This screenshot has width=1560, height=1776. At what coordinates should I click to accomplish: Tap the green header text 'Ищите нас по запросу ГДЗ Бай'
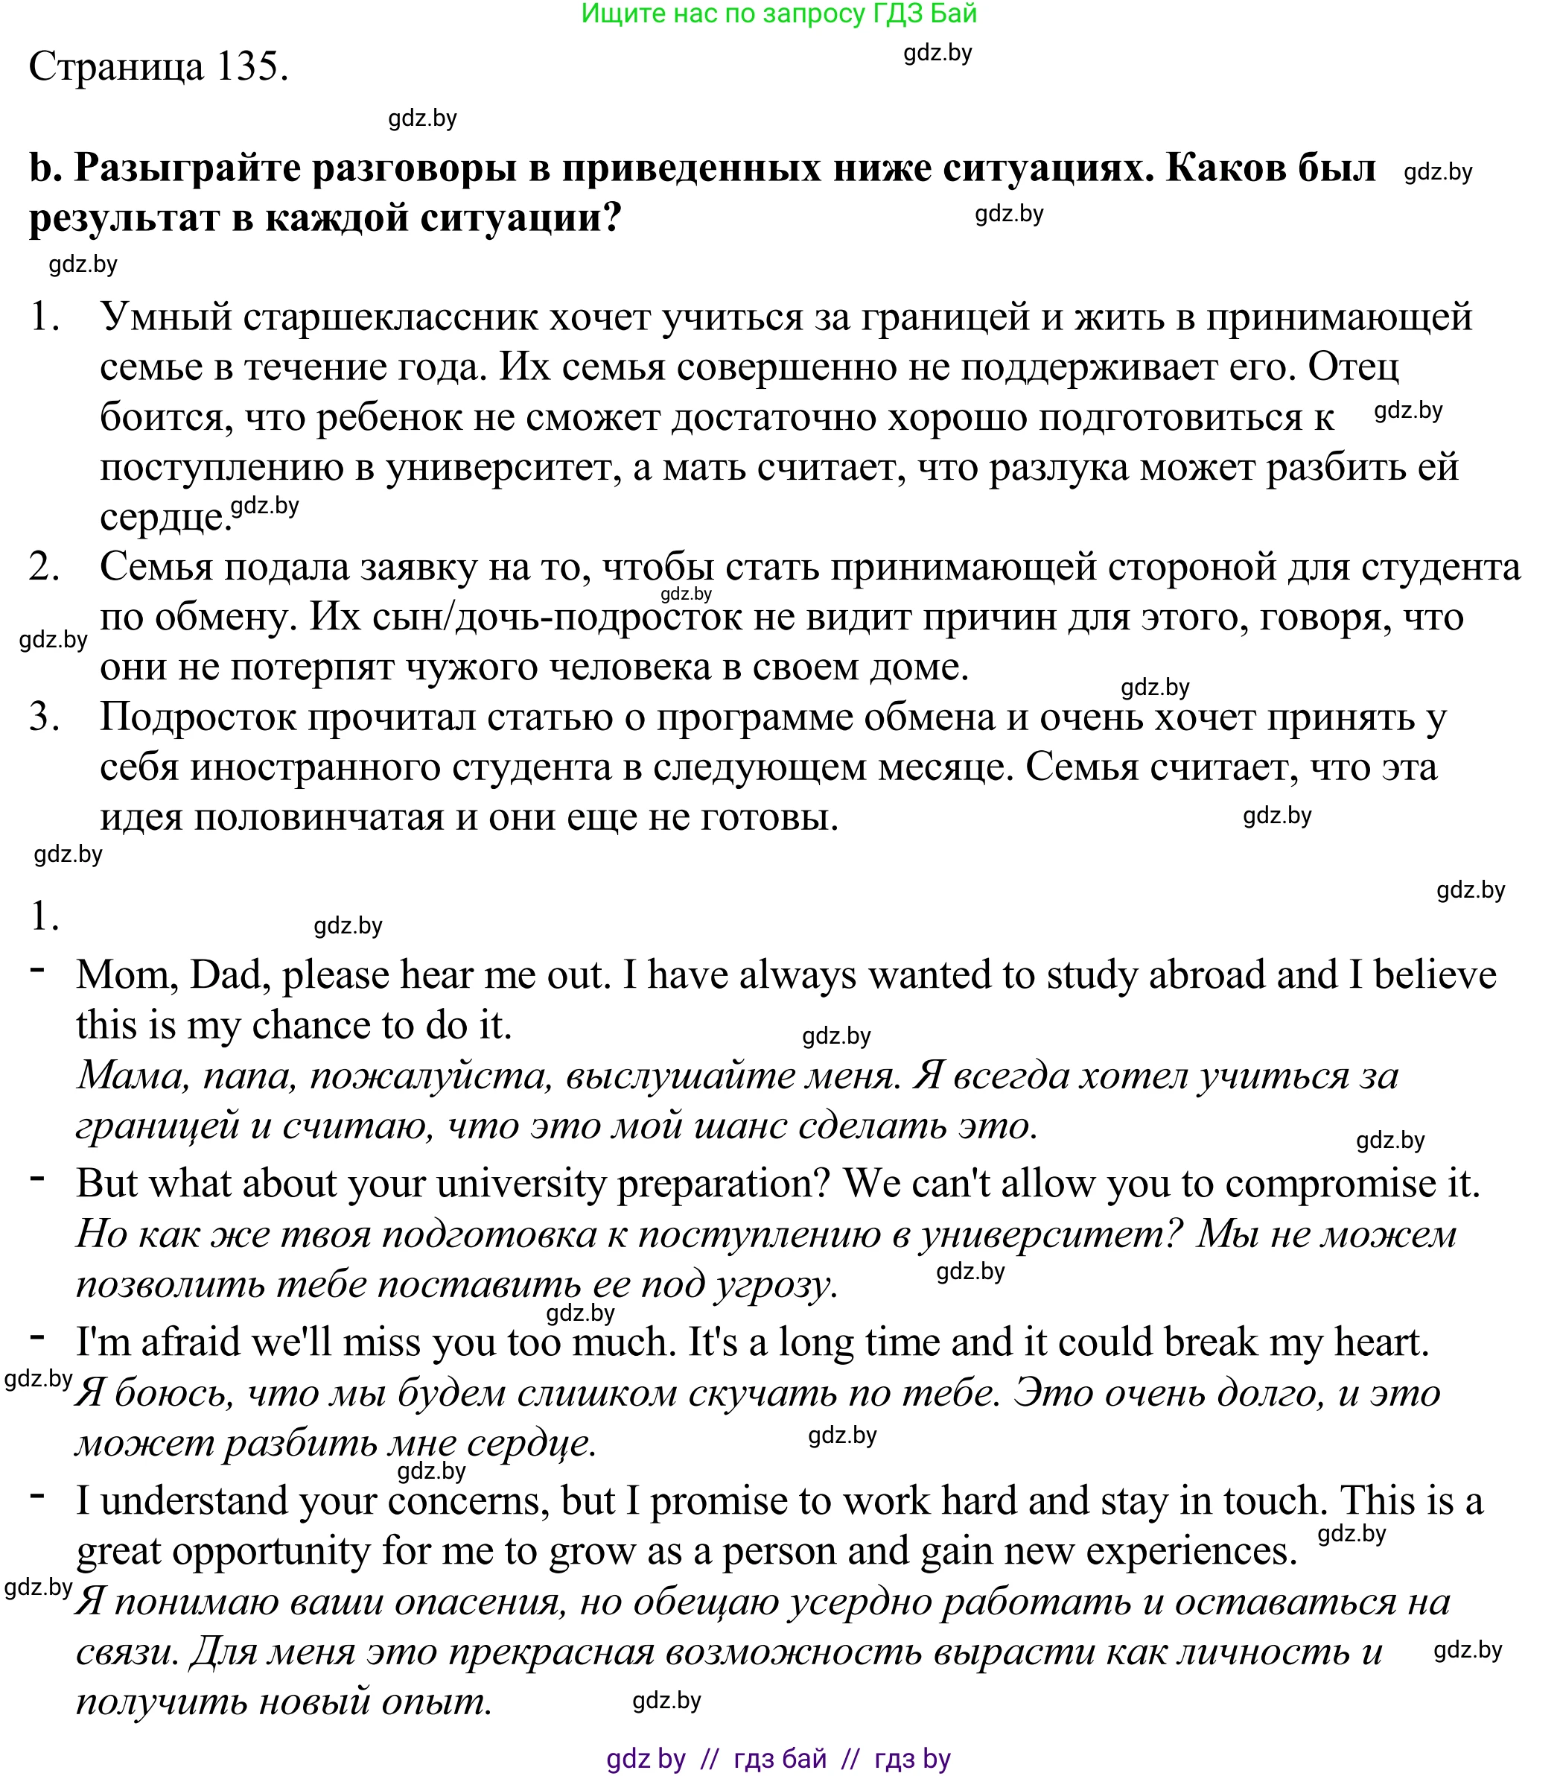pos(778,14)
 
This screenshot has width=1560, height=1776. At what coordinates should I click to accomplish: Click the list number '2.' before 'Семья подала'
pos(44,568)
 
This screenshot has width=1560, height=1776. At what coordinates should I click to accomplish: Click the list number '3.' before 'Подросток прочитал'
pos(44,717)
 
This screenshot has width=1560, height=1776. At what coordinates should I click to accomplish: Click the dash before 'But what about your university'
pos(37,1179)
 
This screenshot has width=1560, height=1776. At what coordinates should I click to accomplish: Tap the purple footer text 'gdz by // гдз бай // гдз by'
pos(778,1759)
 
